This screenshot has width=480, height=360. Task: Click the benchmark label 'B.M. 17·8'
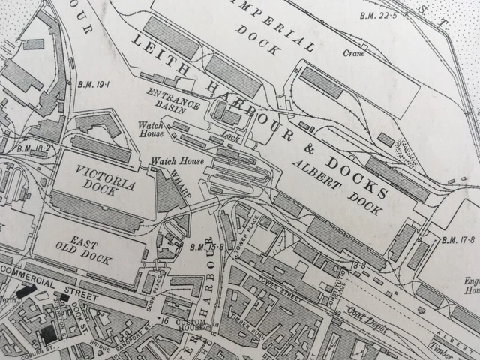pos(459,241)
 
